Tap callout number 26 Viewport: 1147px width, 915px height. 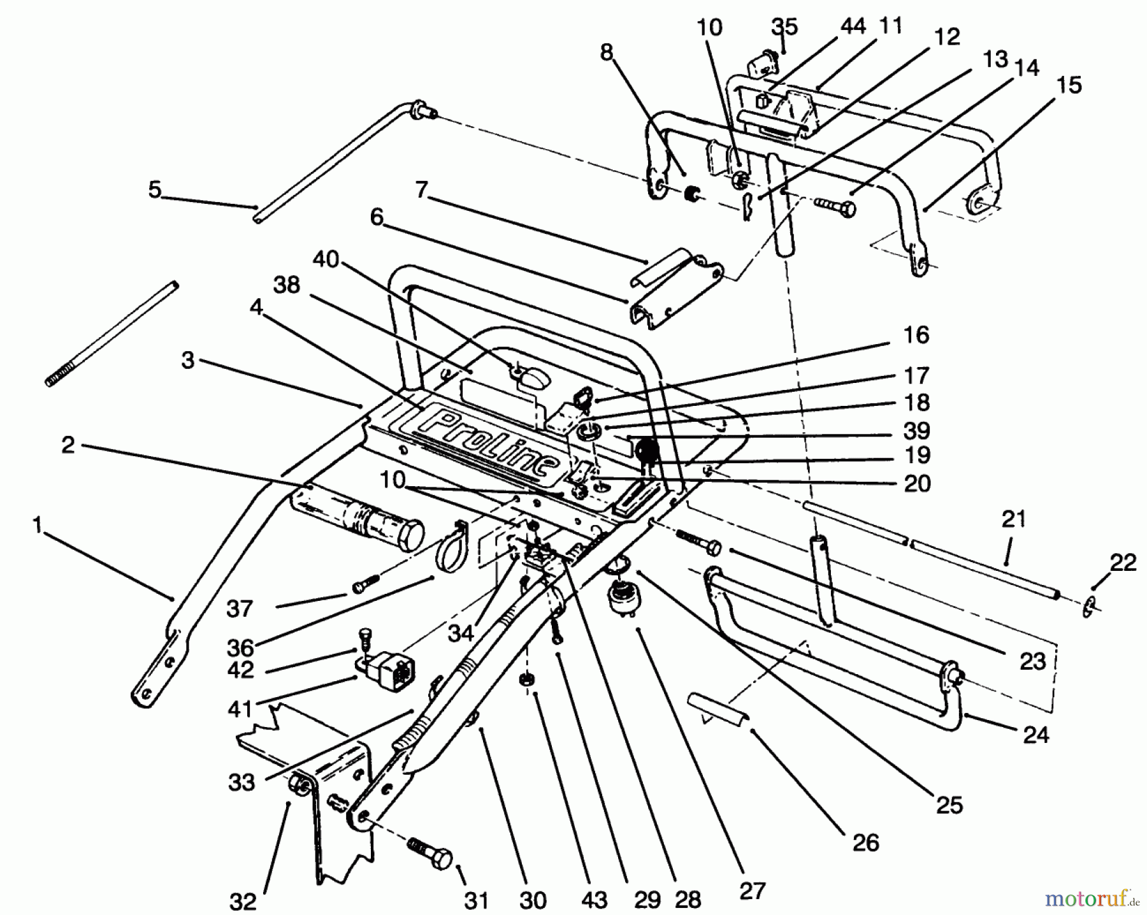[865, 842]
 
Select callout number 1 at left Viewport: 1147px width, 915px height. [38, 526]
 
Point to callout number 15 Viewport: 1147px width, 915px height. [1069, 85]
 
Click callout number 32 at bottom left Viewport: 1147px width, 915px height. [243, 902]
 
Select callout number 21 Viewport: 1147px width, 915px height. [1014, 519]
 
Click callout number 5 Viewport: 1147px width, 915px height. [155, 189]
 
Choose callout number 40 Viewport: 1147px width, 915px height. [326, 260]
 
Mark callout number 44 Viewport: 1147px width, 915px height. [852, 26]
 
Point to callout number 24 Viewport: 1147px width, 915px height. [1035, 735]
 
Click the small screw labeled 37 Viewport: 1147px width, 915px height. [364, 583]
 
